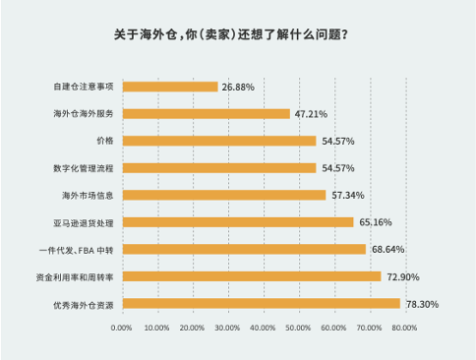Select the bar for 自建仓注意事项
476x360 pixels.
(x=170, y=87)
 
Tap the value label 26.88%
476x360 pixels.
(x=238, y=88)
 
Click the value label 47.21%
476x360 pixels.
(x=311, y=114)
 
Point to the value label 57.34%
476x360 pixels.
(x=346, y=196)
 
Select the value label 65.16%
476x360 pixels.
(x=374, y=222)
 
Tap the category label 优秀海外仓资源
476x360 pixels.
(x=85, y=304)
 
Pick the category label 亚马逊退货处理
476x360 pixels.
(x=86, y=222)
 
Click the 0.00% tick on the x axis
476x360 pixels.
(x=123, y=328)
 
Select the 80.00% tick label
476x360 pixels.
(x=402, y=328)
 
